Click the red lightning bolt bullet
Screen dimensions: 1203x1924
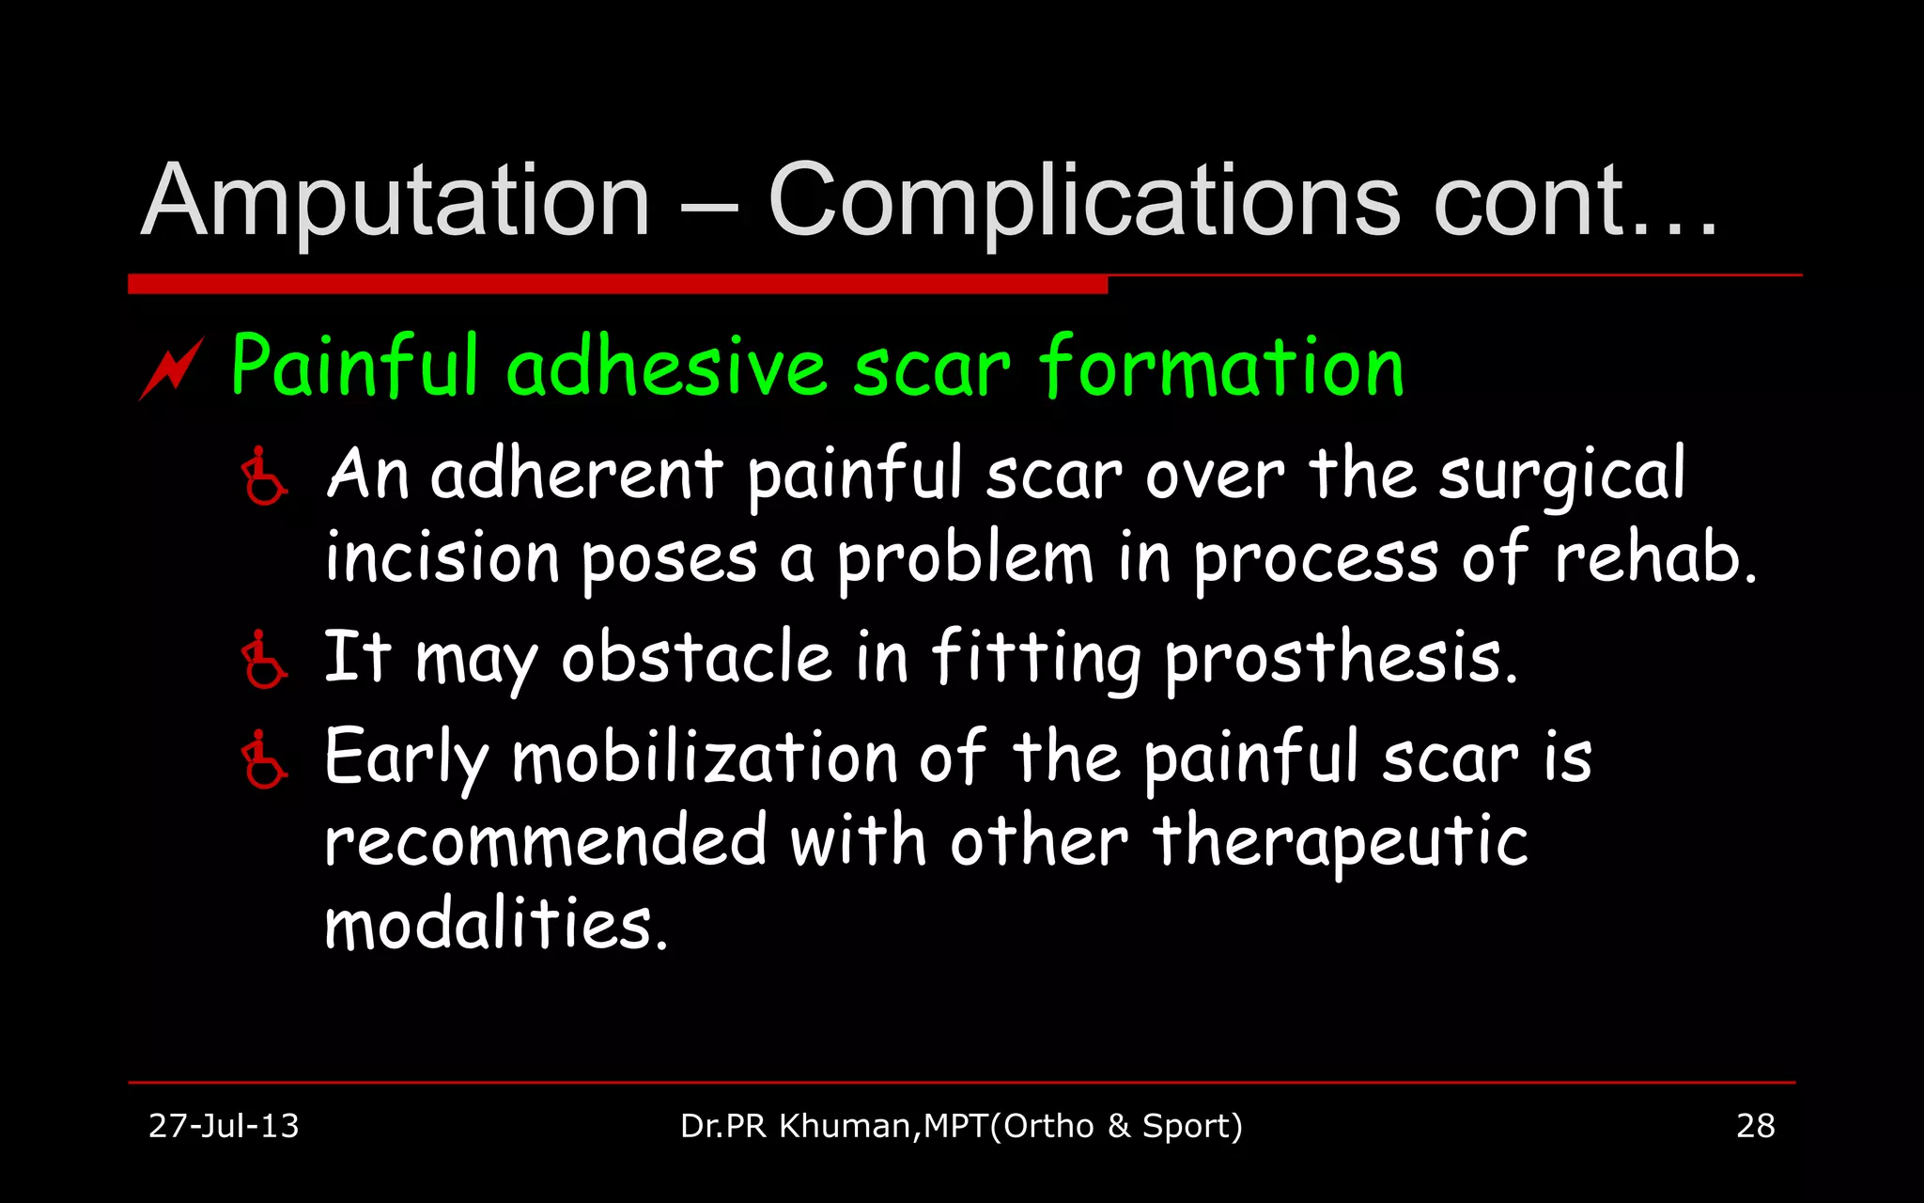(x=172, y=368)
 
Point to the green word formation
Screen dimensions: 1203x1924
(x=1221, y=366)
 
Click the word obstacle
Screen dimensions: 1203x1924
(x=696, y=657)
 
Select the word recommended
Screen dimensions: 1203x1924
(x=546, y=841)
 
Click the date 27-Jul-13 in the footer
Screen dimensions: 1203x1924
(x=224, y=1126)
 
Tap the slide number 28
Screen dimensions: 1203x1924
(x=1755, y=1126)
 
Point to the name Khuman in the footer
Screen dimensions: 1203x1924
(x=845, y=1126)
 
